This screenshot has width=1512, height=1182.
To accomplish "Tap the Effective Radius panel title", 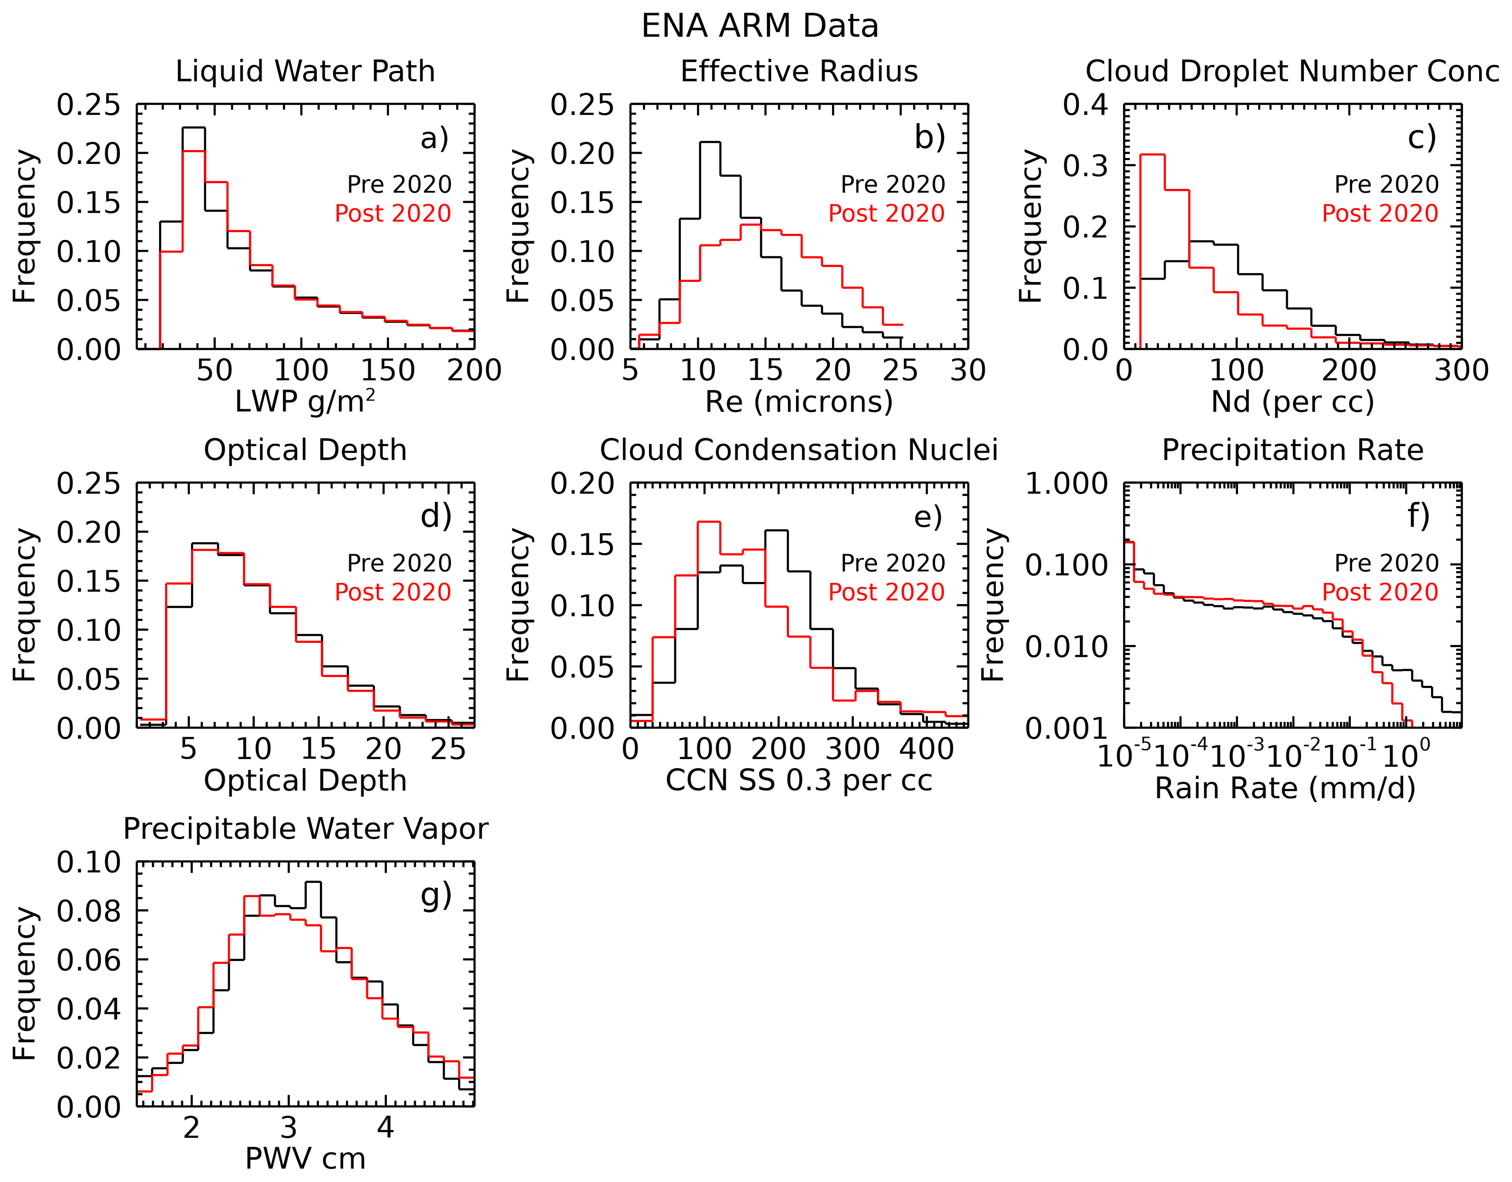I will click(799, 71).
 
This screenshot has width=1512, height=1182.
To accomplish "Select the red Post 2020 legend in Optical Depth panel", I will click(393, 592).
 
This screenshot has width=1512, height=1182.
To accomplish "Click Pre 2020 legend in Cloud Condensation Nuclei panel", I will click(892, 563).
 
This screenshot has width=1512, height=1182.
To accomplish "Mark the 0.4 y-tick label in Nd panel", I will click(1086, 105).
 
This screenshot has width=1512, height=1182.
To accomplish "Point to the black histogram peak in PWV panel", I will click(313, 882).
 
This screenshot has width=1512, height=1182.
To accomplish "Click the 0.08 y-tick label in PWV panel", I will click(88, 911).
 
